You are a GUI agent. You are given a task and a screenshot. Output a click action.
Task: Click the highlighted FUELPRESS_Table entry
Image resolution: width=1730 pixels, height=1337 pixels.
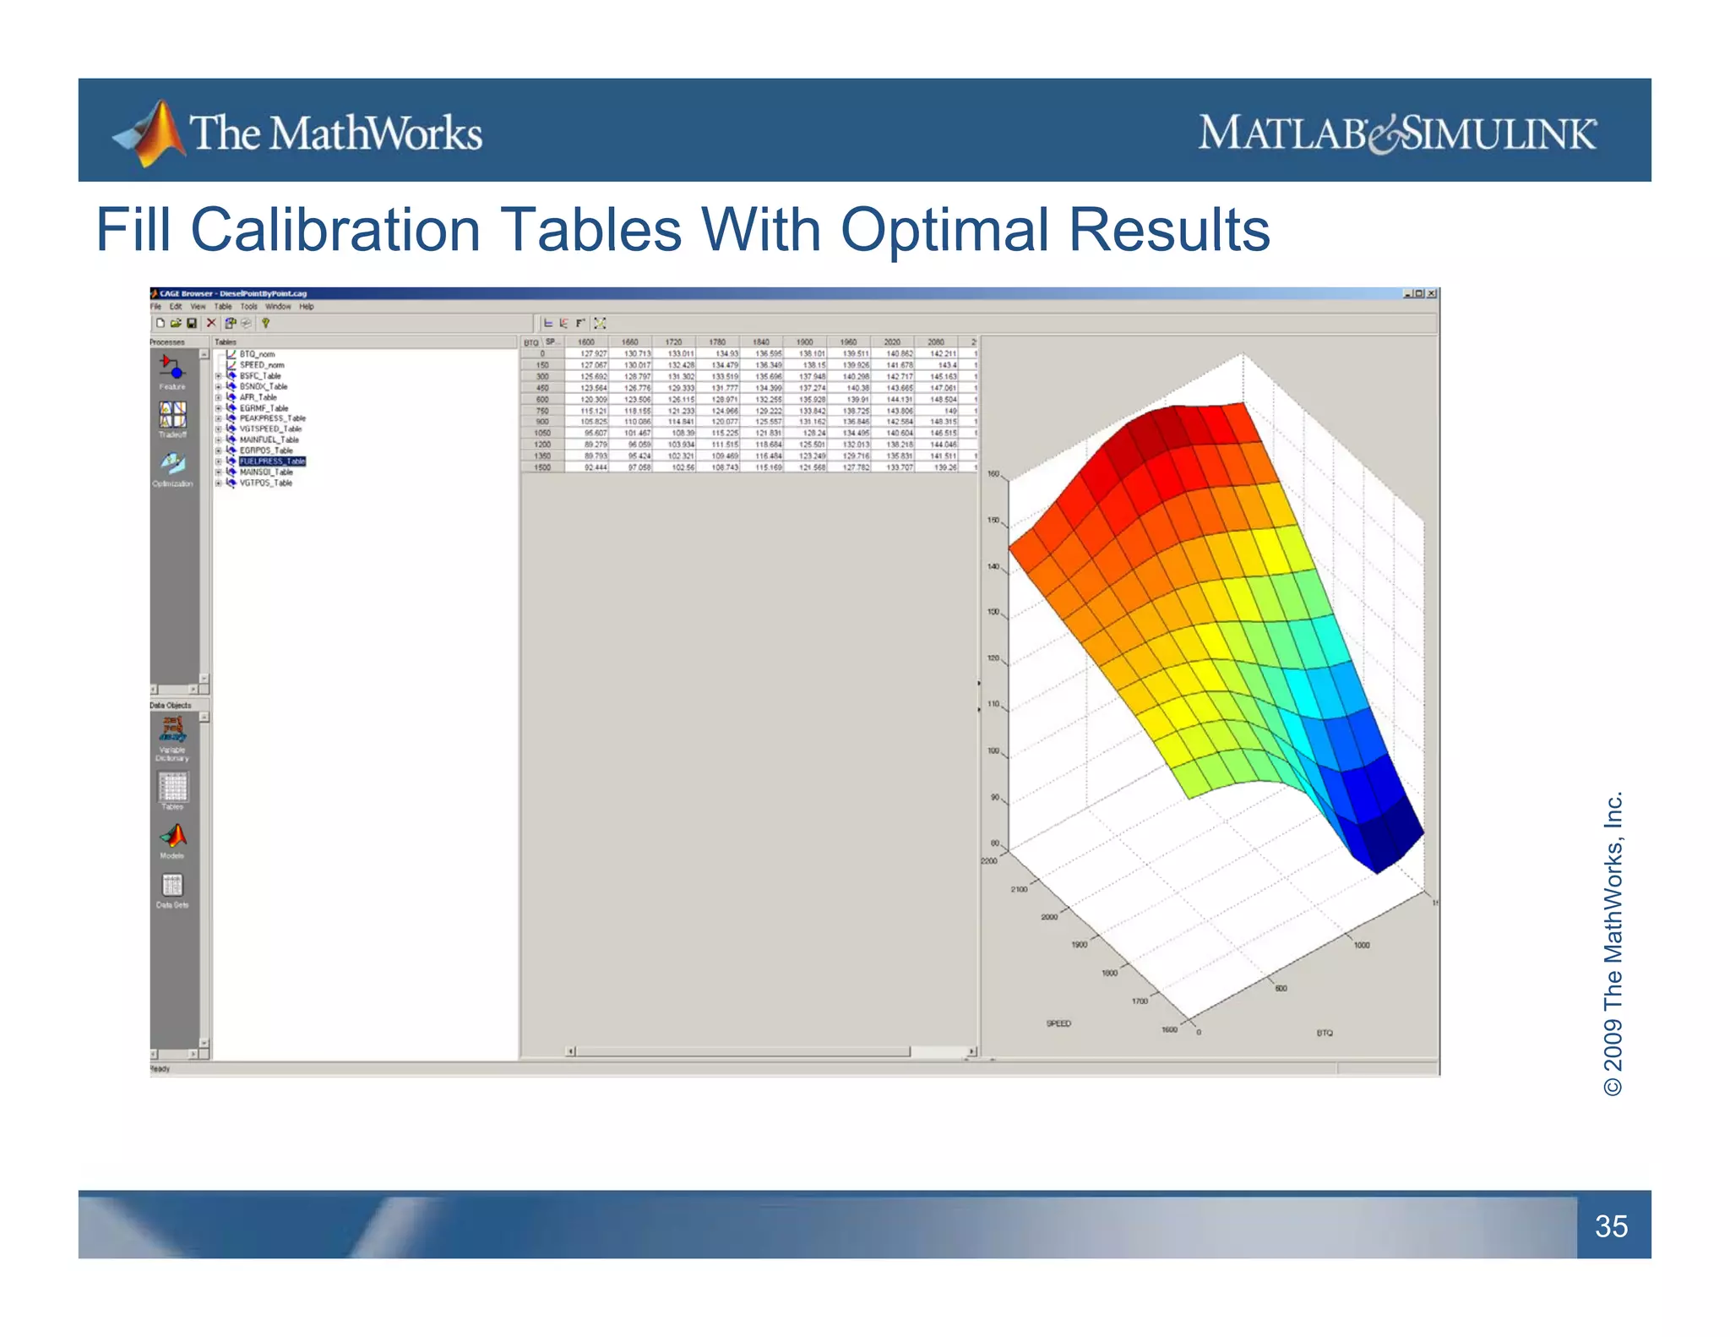click(272, 461)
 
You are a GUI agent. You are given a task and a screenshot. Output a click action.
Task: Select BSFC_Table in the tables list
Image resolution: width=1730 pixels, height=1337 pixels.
click(260, 376)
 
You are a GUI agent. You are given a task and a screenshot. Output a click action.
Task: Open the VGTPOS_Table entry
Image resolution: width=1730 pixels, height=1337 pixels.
click(265, 483)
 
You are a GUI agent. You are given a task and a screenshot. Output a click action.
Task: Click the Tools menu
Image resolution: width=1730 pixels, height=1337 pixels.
click(248, 307)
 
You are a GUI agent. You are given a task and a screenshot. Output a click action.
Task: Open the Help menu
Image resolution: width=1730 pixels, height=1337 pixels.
click(306, 307)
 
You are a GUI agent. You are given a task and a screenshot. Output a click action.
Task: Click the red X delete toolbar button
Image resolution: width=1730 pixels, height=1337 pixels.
click(211, 323)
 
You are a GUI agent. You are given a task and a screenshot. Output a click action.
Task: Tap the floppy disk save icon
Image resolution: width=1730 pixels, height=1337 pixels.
click(192, 323)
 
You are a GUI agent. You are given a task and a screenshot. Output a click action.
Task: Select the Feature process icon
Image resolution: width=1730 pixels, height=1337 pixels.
click(172, 368)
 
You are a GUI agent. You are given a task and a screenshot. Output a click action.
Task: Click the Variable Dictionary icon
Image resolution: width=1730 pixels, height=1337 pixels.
click(172, 730)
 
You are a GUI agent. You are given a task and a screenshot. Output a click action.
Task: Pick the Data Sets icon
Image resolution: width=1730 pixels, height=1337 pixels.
click(172, 886)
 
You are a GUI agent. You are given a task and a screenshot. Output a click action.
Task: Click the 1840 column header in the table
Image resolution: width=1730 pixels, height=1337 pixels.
click(761, 342)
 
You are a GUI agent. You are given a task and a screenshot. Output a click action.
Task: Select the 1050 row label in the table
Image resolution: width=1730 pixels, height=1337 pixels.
click(542, 433)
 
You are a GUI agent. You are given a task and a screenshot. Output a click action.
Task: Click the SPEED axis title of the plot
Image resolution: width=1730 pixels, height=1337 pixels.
click(1058, 1024)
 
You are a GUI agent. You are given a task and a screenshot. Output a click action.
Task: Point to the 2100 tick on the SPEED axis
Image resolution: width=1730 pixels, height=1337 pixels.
click(1019, 889)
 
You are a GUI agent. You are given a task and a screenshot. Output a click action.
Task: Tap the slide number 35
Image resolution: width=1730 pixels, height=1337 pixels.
click(1611, 1225)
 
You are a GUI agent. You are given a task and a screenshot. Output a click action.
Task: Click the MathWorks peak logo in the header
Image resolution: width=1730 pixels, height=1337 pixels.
click(153, 133)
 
